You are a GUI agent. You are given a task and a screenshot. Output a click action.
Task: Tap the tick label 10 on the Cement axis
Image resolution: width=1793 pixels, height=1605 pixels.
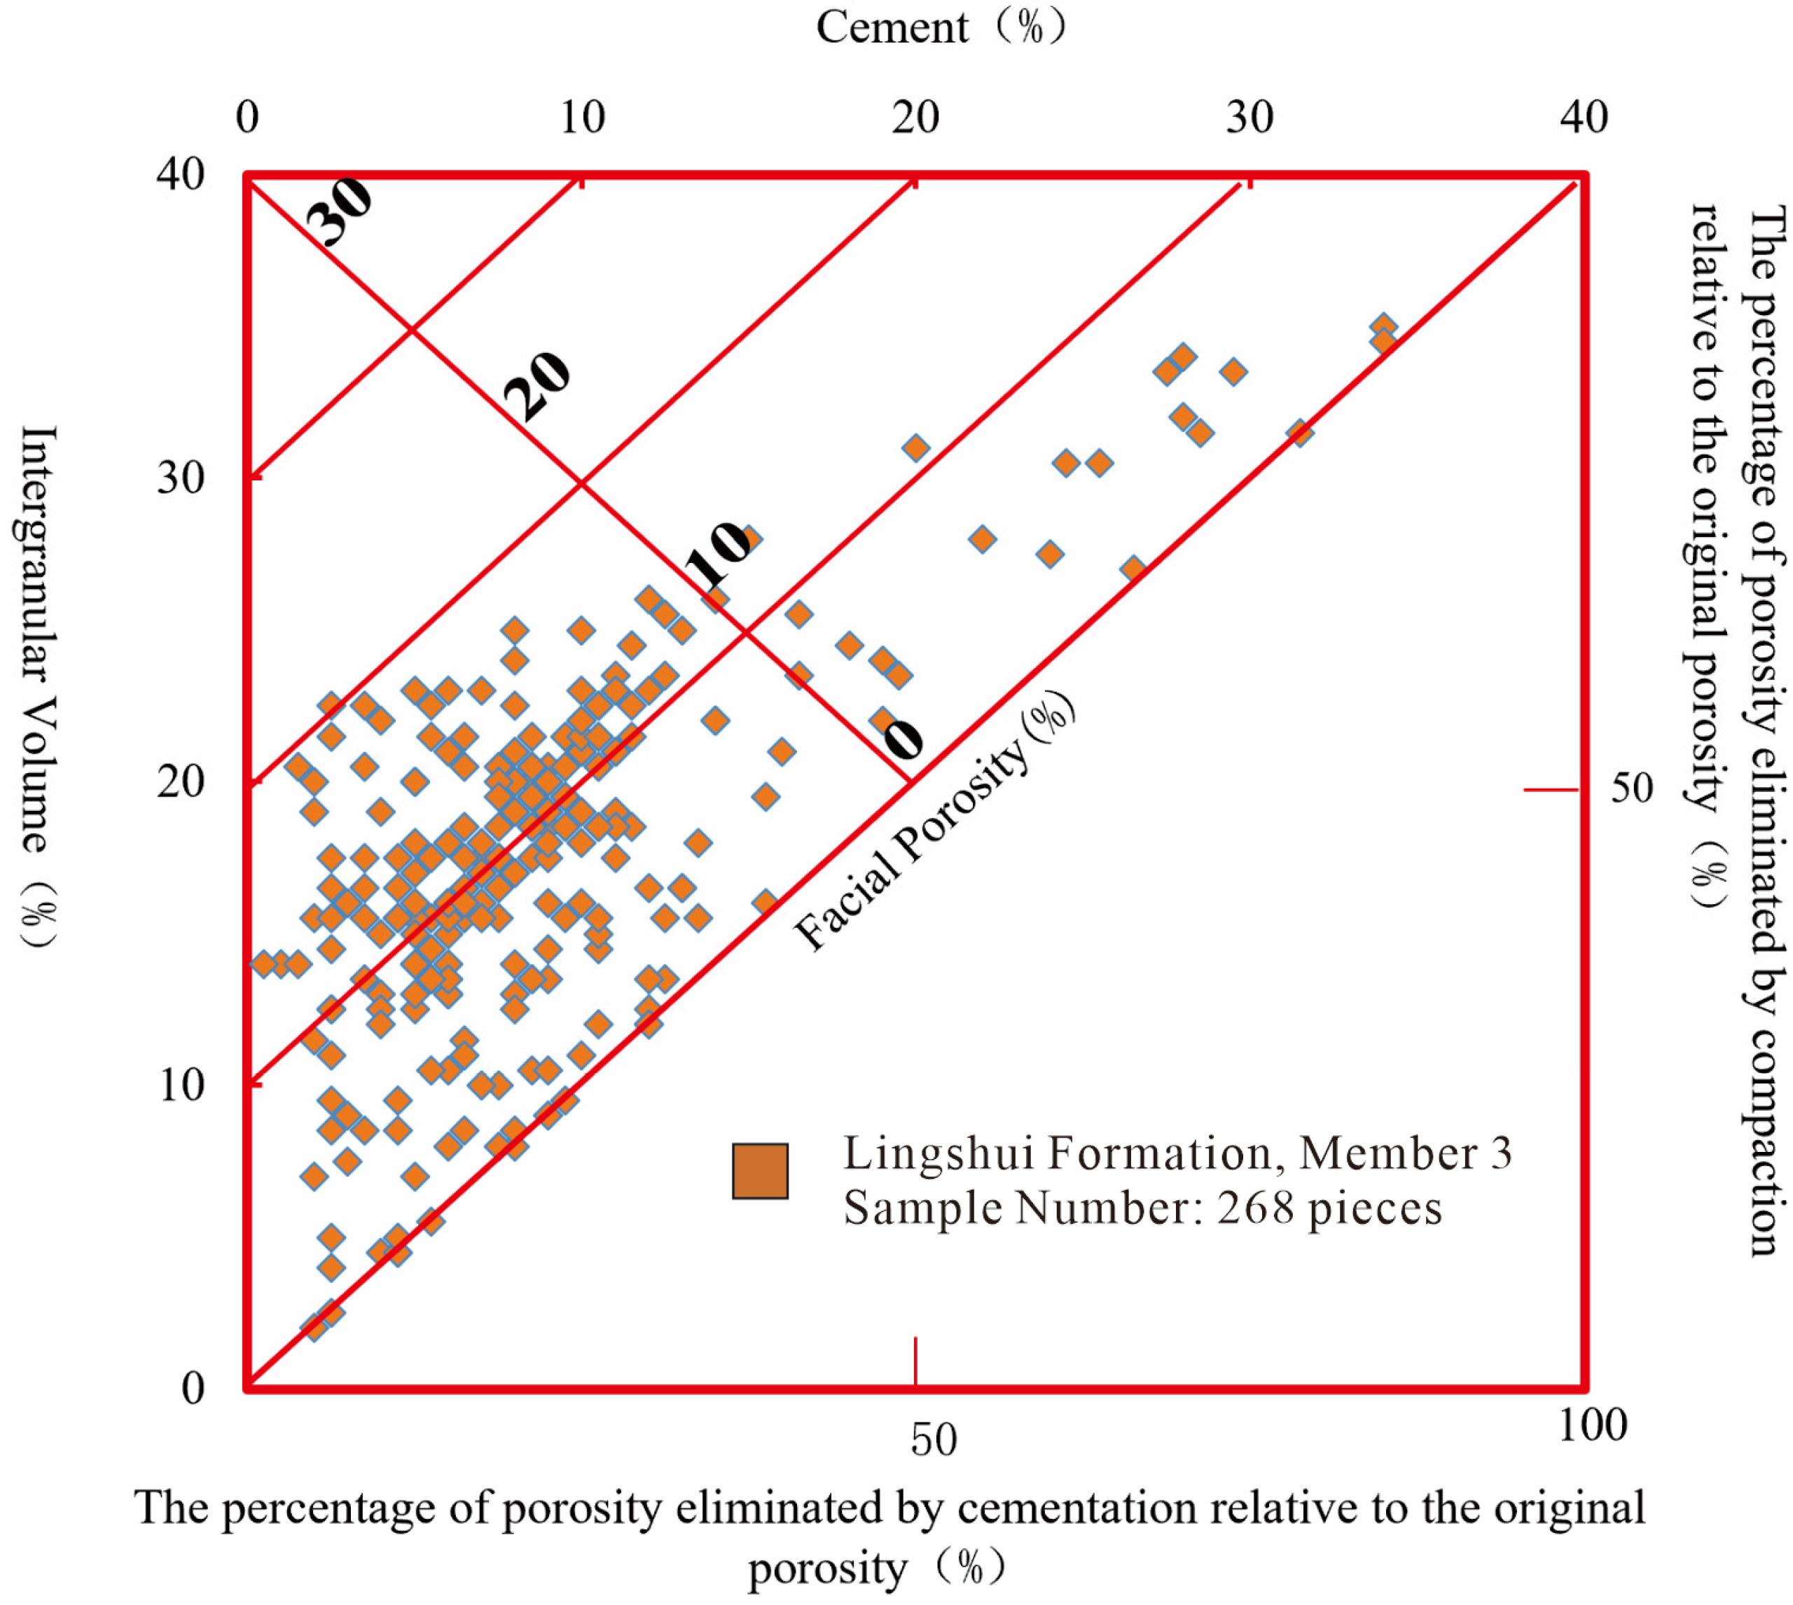click(582, 117)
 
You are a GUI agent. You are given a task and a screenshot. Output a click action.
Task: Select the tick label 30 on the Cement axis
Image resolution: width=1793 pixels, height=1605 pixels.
click(1249, 117)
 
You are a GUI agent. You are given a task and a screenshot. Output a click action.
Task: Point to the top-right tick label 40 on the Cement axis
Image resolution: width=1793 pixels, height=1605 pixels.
click(1583, 117)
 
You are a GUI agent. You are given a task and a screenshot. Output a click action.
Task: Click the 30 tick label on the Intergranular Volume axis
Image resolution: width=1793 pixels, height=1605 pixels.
click(180, 478)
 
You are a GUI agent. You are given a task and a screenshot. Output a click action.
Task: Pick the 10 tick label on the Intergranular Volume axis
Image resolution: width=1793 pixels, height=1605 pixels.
click(180, 1085)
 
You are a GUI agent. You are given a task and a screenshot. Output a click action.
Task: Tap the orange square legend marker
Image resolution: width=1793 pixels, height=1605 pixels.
click(759, 1171)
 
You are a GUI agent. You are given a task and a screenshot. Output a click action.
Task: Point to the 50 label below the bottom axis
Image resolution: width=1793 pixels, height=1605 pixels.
click(933, 1440)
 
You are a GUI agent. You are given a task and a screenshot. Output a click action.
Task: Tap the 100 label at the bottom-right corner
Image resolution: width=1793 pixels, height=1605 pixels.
click(1591, 1425)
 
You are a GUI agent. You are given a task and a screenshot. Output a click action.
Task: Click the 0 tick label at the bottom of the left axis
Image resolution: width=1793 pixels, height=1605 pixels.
click(193, 1388)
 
